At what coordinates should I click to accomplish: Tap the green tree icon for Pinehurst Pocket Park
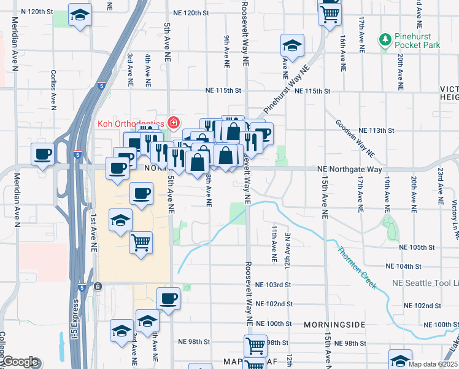385,41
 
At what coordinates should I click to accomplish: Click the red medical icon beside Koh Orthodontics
174,123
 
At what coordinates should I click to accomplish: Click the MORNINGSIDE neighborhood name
334,324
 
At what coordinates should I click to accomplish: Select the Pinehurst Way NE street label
284,92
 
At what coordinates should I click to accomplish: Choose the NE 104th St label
404,266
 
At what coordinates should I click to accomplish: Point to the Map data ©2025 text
433,364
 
